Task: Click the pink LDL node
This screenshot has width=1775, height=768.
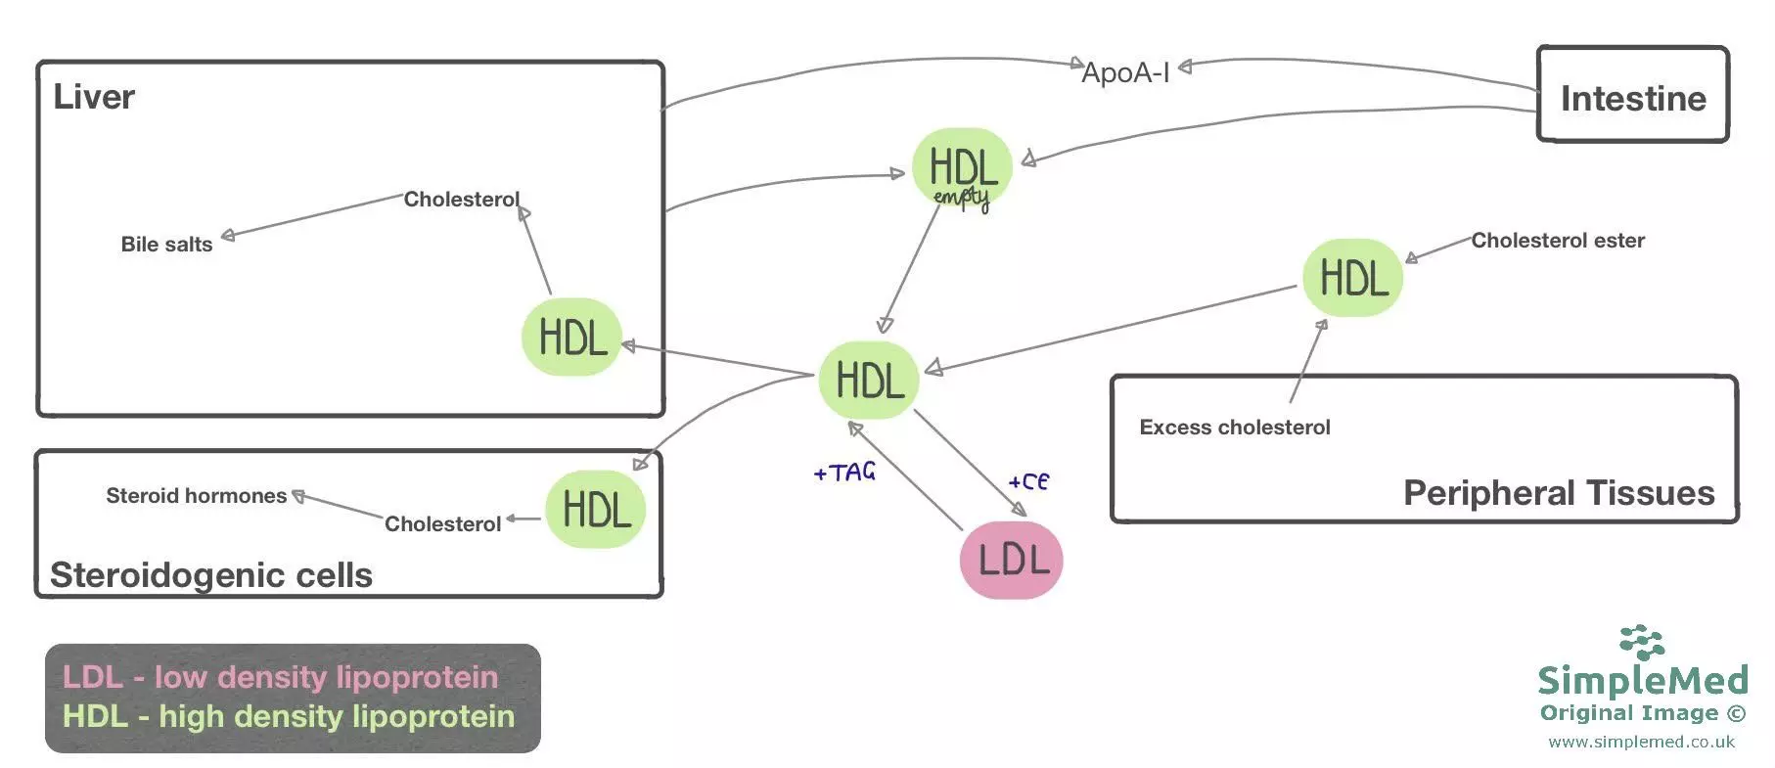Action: (x=1011, y=560)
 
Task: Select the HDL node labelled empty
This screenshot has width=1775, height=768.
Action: (x=962, y=168)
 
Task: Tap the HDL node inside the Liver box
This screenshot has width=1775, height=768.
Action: (x=572, y=338)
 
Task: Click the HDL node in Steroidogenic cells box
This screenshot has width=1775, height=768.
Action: (x=595, y=510)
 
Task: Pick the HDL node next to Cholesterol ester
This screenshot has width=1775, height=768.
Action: (x=1352, y=278)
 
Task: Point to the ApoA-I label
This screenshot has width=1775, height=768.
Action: (x=1125, y=72)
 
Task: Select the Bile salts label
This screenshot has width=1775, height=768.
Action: (x=166, y=245)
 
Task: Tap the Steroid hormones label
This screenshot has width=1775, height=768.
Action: (x=196, y=496)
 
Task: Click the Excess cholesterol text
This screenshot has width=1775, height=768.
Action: (x=1234, y=428)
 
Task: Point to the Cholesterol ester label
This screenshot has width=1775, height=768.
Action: (x=1557, y=241)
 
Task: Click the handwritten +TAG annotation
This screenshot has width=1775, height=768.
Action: (x=844, y=473)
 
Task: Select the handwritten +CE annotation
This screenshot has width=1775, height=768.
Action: (x=1028, y=481)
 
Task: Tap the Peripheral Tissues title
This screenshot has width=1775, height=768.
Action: (x=1558, y=493)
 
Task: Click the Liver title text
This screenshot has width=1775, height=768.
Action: (x=94, y=97)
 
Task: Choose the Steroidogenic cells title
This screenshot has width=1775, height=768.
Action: (x=211, y=575)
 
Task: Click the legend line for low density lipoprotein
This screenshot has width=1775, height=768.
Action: (x=280, y=677)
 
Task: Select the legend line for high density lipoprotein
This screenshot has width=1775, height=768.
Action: (x=289, y=716)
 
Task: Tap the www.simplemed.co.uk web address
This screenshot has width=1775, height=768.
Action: (x=1641, y=742)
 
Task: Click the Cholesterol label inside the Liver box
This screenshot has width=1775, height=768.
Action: (x=461, y=200)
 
